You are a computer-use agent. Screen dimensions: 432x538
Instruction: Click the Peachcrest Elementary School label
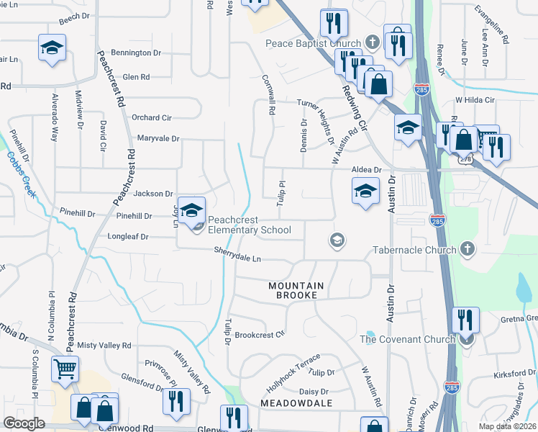point(249,225)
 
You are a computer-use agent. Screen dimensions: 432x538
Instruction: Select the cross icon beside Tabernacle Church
point(467,250)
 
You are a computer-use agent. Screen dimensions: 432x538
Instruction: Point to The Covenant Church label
point(407,339)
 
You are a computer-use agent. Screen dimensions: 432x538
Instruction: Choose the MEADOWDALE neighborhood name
point(296,403)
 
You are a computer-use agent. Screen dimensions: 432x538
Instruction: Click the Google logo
point(24,423)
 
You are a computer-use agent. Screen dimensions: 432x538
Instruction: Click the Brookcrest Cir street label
point(260,334)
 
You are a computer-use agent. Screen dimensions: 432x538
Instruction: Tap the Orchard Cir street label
point(151,117)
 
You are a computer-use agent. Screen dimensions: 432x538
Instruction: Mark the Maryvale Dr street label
point(158,138)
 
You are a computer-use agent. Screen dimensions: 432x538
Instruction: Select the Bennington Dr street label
point(136,53)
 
